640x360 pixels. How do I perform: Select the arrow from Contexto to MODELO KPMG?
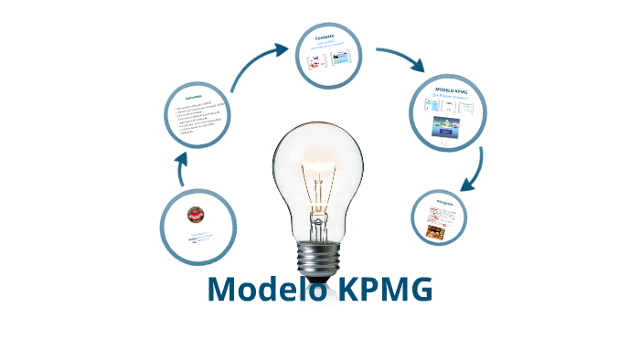(x=402, y=58)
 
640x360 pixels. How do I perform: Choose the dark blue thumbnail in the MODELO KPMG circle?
(x=447, y=129)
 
